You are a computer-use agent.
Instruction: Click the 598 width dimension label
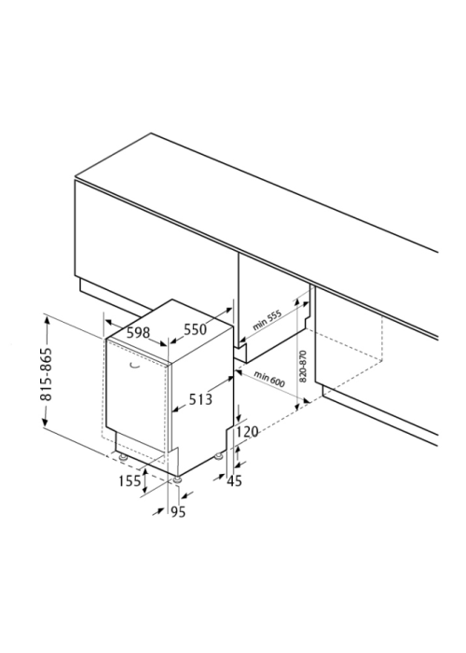click(x=138, y=332)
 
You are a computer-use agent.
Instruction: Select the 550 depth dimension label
click(x=195, y=329)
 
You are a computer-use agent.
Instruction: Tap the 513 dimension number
click(x=200, y=399)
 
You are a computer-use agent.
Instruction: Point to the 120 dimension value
click(x=248, y=431)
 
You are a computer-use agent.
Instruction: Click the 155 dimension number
click(x=130, y=481)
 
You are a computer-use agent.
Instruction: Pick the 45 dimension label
click(x=234, y=481)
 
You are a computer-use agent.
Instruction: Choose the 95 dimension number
click(x=178, y=512)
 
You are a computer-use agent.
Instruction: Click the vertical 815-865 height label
click(x=47, y=374)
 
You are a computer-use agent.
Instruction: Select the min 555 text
click(x=267, y=320)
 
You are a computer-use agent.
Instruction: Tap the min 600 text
click(x=269, y=379)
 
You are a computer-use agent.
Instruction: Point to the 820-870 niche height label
click(x=303, y=367)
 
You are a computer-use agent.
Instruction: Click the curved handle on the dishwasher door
click(x=134, y=366)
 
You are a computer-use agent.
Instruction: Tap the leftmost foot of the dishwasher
click(x=122, y=457)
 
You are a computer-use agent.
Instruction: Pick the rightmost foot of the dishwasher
click(x=218, y=457)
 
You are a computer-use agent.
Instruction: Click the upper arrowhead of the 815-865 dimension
click(x=47, y=320)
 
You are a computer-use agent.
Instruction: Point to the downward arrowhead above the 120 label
click(x=239, y=418)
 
